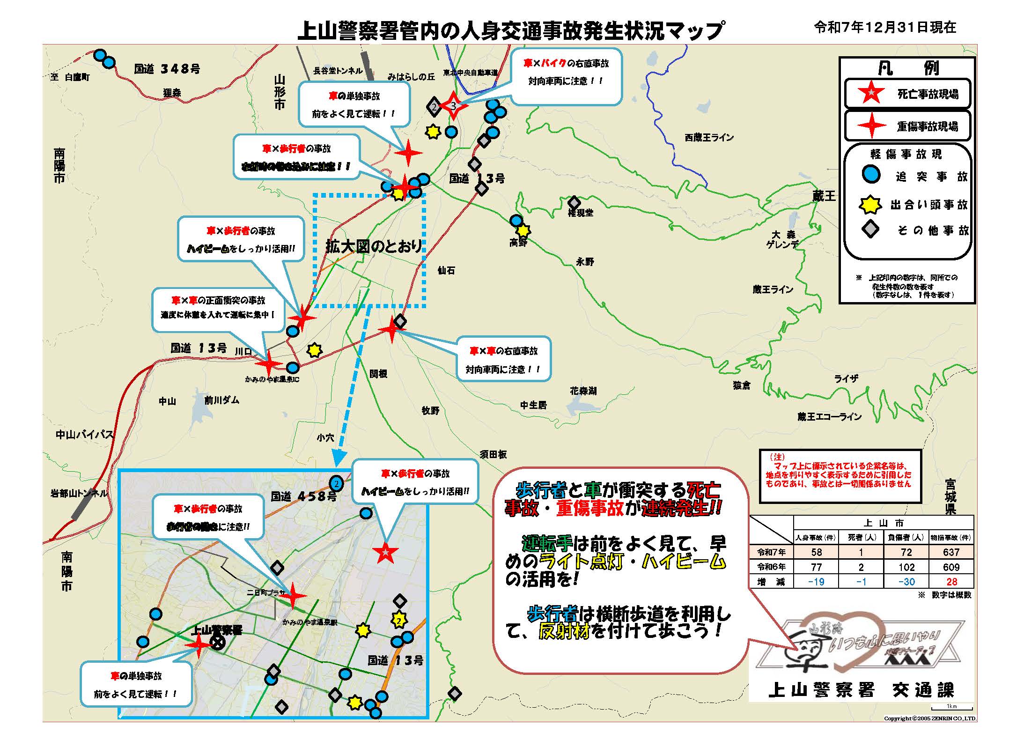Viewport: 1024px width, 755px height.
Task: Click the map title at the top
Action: (510, 30)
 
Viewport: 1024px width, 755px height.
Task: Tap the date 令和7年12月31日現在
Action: (885, 27)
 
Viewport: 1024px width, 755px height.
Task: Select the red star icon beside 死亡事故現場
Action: (870, 94)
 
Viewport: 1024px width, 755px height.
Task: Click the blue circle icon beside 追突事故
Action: (871, 175)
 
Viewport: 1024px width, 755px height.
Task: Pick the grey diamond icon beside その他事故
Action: (870, 229)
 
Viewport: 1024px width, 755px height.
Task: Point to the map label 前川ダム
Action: (221, 400)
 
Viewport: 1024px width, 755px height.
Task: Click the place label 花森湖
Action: (583, 391)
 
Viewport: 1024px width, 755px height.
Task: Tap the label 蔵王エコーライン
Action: (829, 416)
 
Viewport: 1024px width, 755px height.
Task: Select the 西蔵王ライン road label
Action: (709, 137)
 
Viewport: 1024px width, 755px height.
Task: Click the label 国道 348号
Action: (167, 69)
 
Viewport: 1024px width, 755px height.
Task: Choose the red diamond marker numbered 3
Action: (453, 106)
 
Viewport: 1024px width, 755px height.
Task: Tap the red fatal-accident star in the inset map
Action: (385, 553)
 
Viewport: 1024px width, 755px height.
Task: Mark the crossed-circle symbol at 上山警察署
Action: (217, 643)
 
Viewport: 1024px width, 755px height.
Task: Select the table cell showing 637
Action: (951, 552)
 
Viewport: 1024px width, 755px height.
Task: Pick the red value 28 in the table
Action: (951, 582)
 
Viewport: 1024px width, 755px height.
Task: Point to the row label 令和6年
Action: (772, 567)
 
